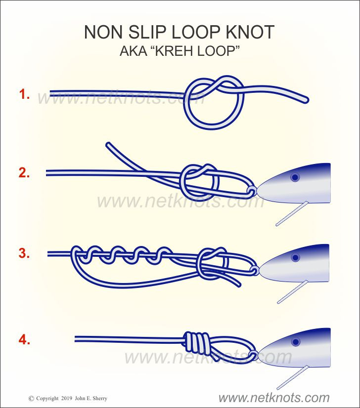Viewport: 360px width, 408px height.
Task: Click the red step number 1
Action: click(24, 94)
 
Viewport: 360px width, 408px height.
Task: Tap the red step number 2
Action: click(24, 173)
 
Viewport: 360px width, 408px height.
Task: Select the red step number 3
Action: click(24, 253)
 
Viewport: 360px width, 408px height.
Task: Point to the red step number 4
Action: click(24, 340)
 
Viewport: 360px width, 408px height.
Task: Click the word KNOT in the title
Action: click(250, 32)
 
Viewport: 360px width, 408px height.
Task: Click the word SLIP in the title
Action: click(147, 32)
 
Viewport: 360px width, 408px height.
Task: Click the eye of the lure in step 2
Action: click(295, 177)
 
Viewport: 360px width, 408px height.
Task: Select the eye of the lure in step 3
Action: click(295, 258)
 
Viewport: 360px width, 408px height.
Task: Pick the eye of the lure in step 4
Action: click(296, 342)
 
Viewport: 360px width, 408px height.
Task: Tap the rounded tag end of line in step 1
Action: click(305, 100)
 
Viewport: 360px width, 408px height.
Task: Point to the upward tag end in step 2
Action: click(109, 145)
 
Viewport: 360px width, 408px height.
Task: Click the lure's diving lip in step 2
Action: click(292, 213)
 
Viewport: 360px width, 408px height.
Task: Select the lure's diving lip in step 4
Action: click(293, 377)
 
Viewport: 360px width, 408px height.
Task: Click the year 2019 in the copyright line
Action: click(67, 399)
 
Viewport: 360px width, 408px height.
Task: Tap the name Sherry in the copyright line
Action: click(100, 399)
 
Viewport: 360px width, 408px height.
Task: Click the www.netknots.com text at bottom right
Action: click(274, 398)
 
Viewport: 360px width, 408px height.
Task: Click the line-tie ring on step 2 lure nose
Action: click(252, 191)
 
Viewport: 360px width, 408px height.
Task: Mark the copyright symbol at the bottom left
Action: click(31, 399)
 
